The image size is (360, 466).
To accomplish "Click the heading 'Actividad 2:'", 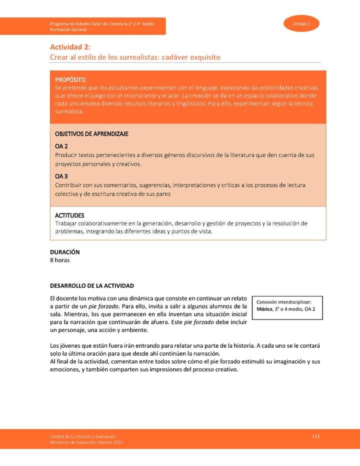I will click(x=70, y=47).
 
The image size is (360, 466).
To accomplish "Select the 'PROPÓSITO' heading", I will click(x=70, y=79).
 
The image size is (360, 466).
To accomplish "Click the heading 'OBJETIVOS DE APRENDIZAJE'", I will click(x=91, y=134).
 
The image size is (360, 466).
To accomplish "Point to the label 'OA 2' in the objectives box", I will click(x=61, y=146).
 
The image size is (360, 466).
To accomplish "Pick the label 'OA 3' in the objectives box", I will click(x=61, y=176).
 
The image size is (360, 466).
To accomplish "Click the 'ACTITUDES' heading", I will click(x=69, y=215).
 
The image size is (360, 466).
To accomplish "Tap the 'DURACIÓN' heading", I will click(x=64, y=252).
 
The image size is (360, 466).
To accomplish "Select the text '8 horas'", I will click(x=59, y=260).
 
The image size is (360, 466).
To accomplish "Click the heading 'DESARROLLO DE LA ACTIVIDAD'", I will click(x=92, y=286).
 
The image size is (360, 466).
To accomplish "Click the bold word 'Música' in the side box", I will click(x=264, y=309).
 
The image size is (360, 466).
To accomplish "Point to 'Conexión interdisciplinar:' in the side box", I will click(x=284, y=302).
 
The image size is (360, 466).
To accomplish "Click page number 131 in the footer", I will click(x=315, y=436).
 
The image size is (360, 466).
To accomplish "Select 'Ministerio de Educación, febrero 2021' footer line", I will click(x=86, y=442).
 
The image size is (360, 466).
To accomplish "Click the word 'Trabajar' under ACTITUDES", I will click(x=66, y=223).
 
